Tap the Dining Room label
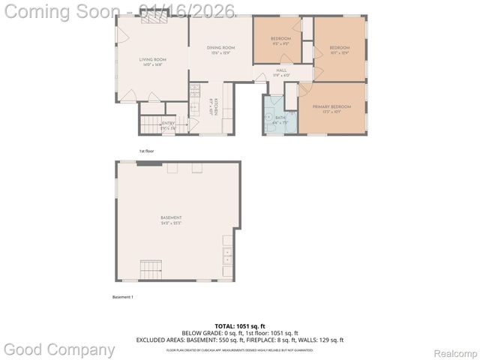pyautogui.click(x=220, y=50)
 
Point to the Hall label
pyautogui.click(x=281, y=72)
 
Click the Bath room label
pyautogui.click(x=280, y=118)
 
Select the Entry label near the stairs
pyautogui.click(x=169, y=124)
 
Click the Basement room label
pyautogui.click(x=171, y=220)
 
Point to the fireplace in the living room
pyautogui.click(x=155, y=19)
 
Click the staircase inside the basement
pyautogui.click(x=151, y=268)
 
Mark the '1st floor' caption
pyautogui.click(x=146, y=151)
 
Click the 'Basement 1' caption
pyautogui.click(x=122, y=297)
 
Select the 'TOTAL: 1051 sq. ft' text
pyautogui.click(x=239, y=326)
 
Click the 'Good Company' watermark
pyautogui.click(x=59, y=349)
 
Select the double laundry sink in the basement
pyautogui.click(x=227, y=256)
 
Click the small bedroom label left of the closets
pyautogui.click(x=280, y=40)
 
